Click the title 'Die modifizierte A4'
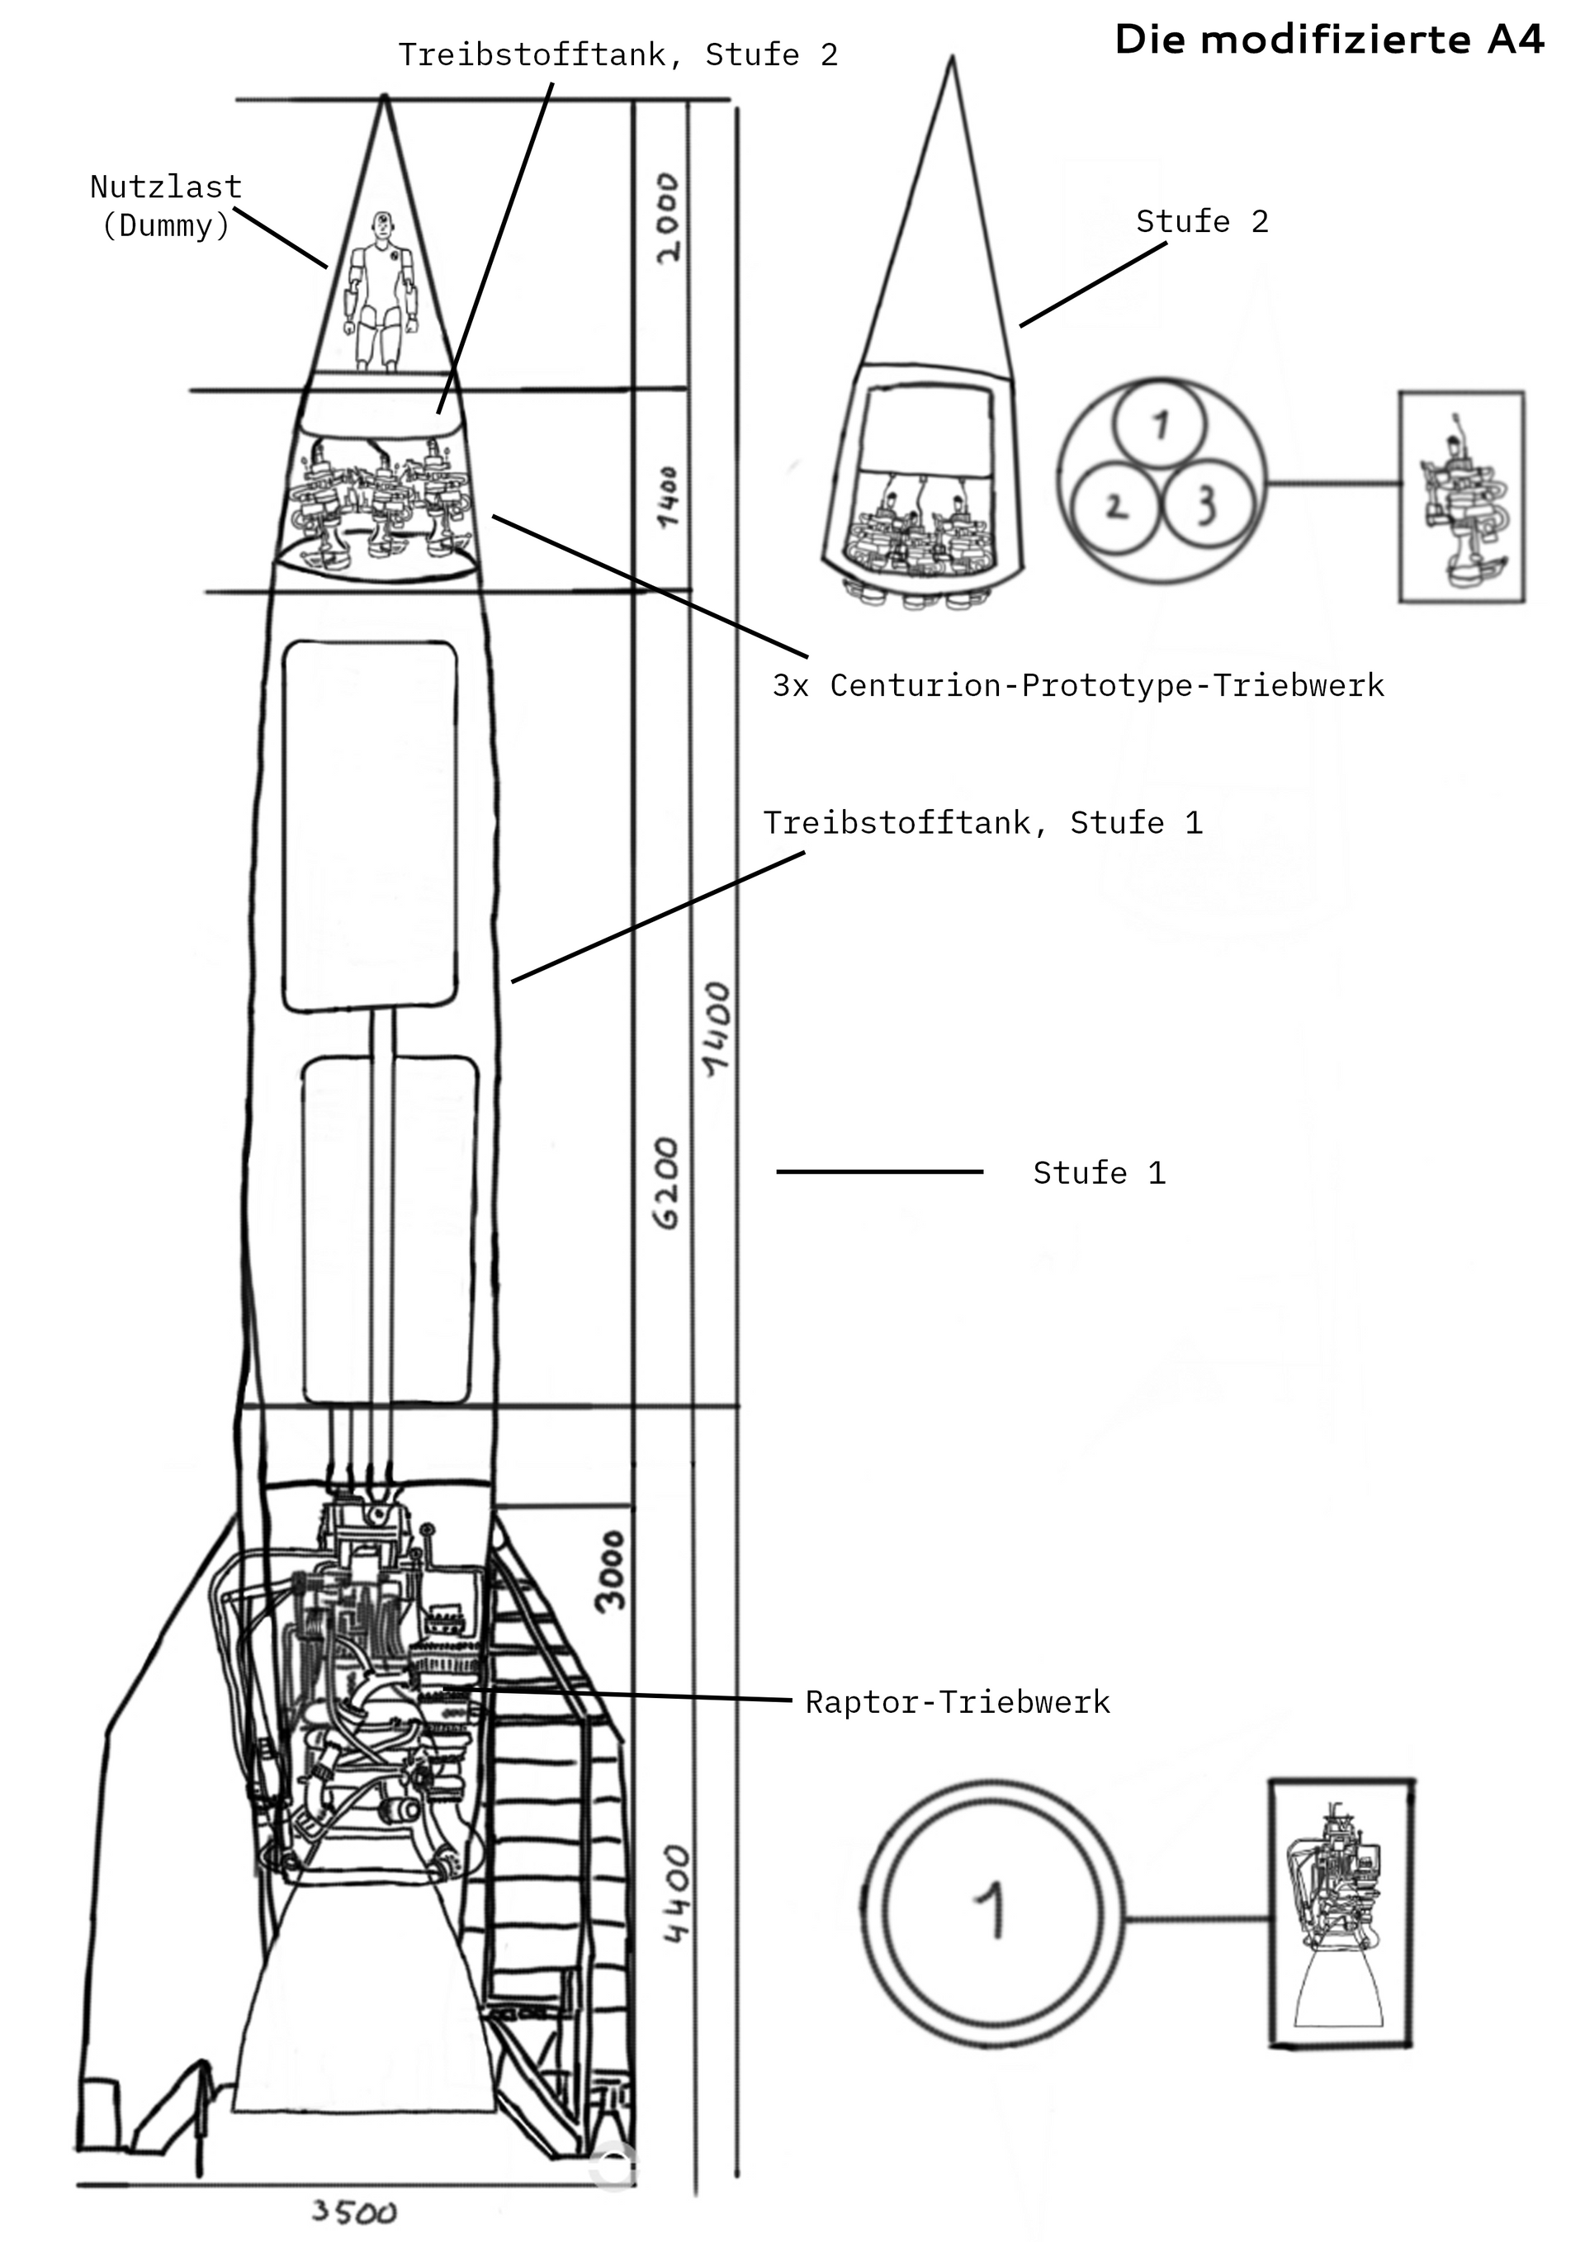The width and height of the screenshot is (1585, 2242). (x=1328, y=40)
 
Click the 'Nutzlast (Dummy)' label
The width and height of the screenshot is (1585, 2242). (x=166, y=206)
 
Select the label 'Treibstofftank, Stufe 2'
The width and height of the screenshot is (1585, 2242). (x=617, y=54)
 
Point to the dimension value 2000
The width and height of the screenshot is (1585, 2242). (x=668, y=218)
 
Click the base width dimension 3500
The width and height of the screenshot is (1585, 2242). (x=353, y=2211)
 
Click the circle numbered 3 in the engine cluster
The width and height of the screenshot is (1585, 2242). (x=1207, y=505)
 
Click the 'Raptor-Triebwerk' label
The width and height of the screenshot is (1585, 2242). (x=957, y=1703)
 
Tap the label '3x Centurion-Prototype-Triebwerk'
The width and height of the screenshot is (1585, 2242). (x=1078, y=685)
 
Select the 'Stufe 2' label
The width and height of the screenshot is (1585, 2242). (x=1201, y=222)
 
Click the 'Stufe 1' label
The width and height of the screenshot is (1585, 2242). (x=1099, y=1173)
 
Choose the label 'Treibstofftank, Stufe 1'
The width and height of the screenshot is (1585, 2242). (x=982, y=823)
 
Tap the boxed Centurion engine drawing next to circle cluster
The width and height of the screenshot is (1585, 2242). (x=1460, y=496)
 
